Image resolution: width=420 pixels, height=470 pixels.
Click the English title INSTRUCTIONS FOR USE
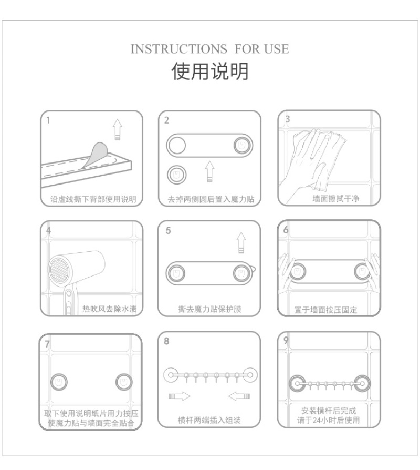point(210,49)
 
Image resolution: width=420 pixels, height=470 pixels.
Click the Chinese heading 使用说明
point(210,71)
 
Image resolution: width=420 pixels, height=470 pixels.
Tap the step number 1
point(48,120)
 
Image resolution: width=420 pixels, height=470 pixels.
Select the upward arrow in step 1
point(118,129)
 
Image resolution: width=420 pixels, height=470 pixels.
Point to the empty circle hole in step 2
point(177,146)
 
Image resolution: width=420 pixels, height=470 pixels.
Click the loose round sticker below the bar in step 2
point(176,175)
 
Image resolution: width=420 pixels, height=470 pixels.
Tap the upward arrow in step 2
point(209,171)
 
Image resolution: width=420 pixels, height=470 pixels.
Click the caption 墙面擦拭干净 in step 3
point(335,198)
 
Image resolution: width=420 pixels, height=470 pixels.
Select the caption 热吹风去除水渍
point(109,309)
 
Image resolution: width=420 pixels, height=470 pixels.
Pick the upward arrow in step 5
point(241,242)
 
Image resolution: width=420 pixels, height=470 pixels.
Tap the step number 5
point(168,230)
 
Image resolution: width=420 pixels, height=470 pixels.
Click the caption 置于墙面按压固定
point(325,310)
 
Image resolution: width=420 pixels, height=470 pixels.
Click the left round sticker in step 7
point(59,382)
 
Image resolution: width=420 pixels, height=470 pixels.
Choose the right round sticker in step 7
point(124,382)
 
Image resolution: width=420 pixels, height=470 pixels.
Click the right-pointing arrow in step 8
point(180,396)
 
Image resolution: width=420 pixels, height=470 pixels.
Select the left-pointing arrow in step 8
point(239,396)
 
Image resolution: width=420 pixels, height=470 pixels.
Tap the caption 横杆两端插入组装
point(209,420)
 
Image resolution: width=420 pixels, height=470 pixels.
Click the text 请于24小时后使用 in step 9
point(329,420)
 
